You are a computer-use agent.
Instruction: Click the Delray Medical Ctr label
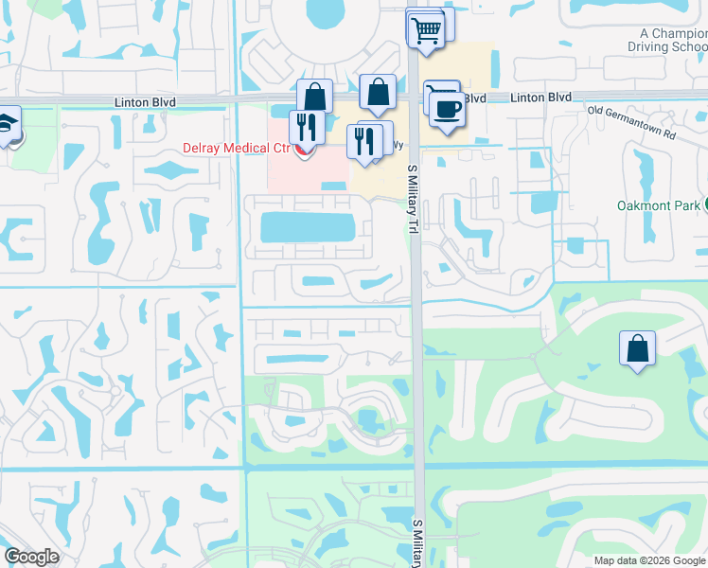[x=236, y=149]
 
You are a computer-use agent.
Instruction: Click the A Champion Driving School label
[x=667, y=41]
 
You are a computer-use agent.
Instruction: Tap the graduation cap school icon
[x=9, y=125]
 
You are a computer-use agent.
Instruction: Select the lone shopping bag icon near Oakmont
[x=638, y=347]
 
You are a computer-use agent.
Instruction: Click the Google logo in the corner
[x=30, y=557]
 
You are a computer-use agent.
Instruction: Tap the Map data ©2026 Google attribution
[x=649, y=560]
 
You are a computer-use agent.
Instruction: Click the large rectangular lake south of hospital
[x=308, y=227]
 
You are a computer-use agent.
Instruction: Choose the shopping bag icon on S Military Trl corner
[x=378, y=92]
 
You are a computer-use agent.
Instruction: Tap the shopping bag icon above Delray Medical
[x=314, y=97]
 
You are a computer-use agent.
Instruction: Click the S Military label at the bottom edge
[x=417, y=544]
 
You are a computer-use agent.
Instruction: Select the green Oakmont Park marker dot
[x=706, y=205]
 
